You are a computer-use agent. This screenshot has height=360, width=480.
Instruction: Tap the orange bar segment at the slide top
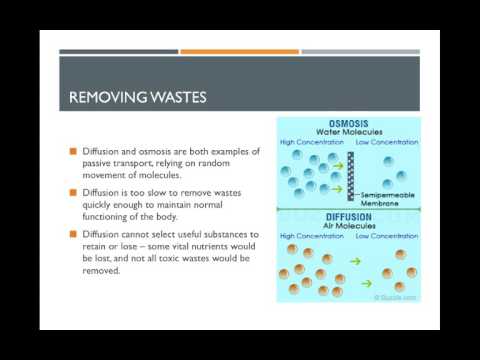pos(239,52)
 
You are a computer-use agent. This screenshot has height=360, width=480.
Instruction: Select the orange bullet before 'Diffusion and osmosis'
pos(72,151)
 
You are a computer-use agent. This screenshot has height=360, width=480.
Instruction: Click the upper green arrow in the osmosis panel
pos(337,162)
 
